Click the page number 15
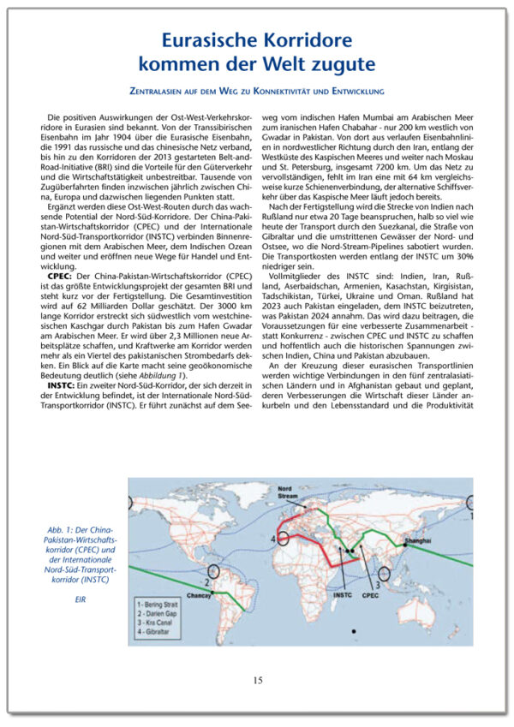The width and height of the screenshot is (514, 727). click(x=257, y=680)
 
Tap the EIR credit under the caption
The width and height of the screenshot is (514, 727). click(x=81, y=599)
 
